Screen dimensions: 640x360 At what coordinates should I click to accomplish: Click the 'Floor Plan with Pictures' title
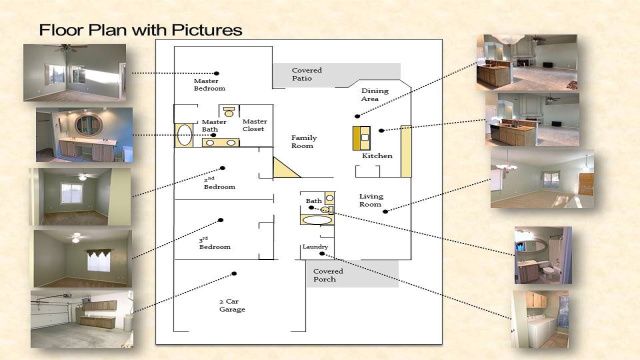(140, 30)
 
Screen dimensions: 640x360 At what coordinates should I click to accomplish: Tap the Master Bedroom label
(209, 85)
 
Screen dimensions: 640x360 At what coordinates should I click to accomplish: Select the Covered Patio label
(306, 74)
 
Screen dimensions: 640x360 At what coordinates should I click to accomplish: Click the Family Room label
(303, 141)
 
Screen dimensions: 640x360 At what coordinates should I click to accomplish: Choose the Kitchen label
(377, 156)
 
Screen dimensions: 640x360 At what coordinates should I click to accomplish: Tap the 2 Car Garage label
(232, 305)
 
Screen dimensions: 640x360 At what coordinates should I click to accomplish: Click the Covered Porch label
(328, 275)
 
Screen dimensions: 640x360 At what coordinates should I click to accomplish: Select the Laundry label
(315, 247)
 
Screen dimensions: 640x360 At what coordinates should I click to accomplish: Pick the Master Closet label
(254, 125)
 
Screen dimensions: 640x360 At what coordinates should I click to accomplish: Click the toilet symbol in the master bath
(229, 111)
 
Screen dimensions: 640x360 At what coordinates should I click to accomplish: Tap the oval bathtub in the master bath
(184, 135)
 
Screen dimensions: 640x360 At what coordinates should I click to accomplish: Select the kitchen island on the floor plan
(361, 138)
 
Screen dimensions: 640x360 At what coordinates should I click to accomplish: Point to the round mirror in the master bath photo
(88, 125)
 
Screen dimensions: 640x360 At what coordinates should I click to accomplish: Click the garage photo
(82, 319)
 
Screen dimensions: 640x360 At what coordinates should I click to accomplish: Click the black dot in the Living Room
(385, 211)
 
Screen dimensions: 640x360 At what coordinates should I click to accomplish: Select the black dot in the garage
(234, 273)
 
